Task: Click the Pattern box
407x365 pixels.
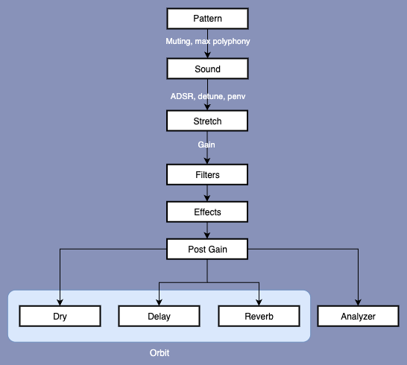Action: tap(207, 19)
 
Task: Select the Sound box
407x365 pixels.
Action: tap(207, 69)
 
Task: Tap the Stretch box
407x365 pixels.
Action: tap(207, 121)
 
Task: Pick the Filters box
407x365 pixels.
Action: tap(207, 174)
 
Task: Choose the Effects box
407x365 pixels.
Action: tap(207, 212)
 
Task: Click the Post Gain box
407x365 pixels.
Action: tap(207, 249)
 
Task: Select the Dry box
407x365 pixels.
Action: tap(60, 316)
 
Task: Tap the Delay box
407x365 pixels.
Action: tap(159, 316)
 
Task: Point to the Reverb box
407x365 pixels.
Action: tap(259, 316)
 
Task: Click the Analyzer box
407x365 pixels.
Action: tap(359, 316)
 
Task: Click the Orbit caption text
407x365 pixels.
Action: tap(160, 353)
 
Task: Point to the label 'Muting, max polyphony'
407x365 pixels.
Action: tap(208, 41)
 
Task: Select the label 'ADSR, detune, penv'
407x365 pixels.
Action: tap(208, 96)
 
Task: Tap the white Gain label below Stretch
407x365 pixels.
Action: tap(206, 145)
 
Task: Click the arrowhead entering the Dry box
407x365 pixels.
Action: tap(60, 302)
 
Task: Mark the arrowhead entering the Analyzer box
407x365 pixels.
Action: tap(359, 302)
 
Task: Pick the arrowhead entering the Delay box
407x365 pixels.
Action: tap(159, 302)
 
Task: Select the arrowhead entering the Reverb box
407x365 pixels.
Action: tap(259, 302)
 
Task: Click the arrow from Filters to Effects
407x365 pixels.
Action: tap(207, 193)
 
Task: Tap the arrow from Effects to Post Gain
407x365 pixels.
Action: tap(207, 231)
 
